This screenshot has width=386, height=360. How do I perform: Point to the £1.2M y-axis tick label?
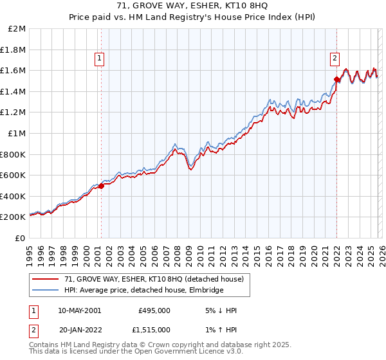[14, 113]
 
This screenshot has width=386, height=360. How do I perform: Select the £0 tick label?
[20, 238]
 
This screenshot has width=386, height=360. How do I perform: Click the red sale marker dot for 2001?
[101, 186]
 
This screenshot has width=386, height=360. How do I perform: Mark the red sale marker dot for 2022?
[336, 80]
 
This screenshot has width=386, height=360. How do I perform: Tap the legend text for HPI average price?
[143, 291]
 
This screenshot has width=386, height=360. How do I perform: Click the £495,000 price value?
[154, 310]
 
